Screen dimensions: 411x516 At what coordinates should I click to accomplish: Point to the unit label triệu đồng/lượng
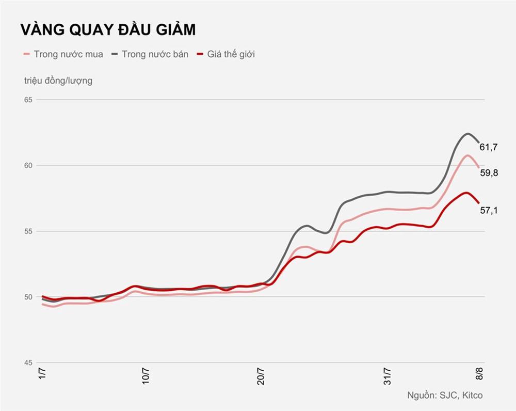point(58,81)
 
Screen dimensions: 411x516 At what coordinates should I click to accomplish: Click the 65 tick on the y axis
point(28,100)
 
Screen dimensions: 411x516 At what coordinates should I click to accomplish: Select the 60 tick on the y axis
point(28,165)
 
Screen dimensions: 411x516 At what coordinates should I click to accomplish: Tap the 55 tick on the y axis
point(28,231)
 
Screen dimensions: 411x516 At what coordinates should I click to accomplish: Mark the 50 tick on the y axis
point(28,297)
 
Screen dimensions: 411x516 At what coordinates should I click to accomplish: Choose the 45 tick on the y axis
point(28,362)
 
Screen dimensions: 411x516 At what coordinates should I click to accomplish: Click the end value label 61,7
point(489,147)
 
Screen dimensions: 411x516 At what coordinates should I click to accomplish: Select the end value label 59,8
point(489,173)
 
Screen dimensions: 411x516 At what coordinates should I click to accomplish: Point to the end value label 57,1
point(489,210)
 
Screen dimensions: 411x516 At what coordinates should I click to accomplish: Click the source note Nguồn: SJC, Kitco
point(445,396)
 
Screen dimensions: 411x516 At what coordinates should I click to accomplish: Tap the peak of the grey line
point(467,134)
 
